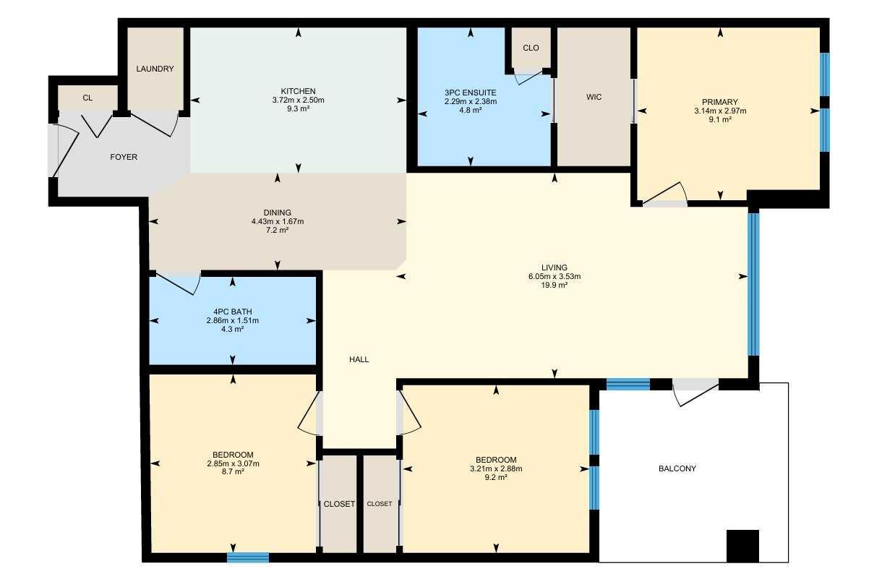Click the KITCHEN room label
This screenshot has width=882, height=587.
299,91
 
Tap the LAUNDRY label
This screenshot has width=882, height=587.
155,69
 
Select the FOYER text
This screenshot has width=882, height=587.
123,157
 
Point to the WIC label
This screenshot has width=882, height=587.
594,97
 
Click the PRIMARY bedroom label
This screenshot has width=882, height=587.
719,102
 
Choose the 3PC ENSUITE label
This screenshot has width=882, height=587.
470,93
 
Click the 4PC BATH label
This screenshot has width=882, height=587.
232,312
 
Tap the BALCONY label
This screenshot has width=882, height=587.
677,468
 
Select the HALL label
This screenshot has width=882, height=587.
359,359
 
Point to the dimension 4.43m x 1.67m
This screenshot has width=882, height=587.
277,221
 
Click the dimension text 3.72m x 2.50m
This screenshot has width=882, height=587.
298,100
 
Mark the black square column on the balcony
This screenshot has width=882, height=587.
742,546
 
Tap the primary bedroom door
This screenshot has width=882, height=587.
665,195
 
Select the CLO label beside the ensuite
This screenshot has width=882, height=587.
531,48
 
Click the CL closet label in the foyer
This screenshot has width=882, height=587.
87,98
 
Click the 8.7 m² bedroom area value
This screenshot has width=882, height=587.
232,471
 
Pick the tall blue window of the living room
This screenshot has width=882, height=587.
753,283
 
